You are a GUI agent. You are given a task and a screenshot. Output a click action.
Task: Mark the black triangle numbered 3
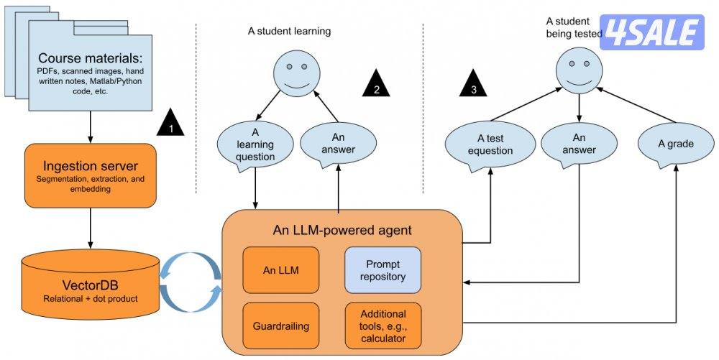(472, 85)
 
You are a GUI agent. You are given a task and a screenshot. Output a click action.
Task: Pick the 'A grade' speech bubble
(676, 144)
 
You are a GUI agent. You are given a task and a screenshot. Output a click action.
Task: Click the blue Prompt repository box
(382, 269)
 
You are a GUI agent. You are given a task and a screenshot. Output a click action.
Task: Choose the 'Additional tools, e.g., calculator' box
(383, 326)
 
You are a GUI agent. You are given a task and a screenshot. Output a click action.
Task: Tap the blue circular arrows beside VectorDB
(190, 280)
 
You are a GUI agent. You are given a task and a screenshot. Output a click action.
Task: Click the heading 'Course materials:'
(91, 58)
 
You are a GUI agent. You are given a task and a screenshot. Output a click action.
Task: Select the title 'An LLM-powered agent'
(342, 230)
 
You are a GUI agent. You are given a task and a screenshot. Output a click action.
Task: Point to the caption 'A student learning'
(288, 32)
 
